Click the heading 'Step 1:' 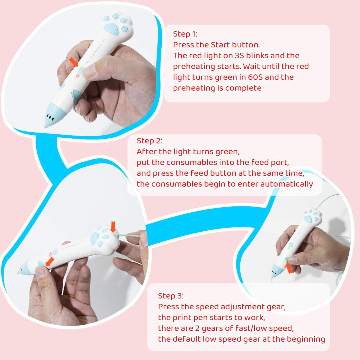185,34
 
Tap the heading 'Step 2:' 149,141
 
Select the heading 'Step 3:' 171,296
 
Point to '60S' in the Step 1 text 255,77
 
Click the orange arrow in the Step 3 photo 289,268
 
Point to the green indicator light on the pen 288,248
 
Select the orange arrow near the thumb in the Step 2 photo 50,261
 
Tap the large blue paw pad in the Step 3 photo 308,218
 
